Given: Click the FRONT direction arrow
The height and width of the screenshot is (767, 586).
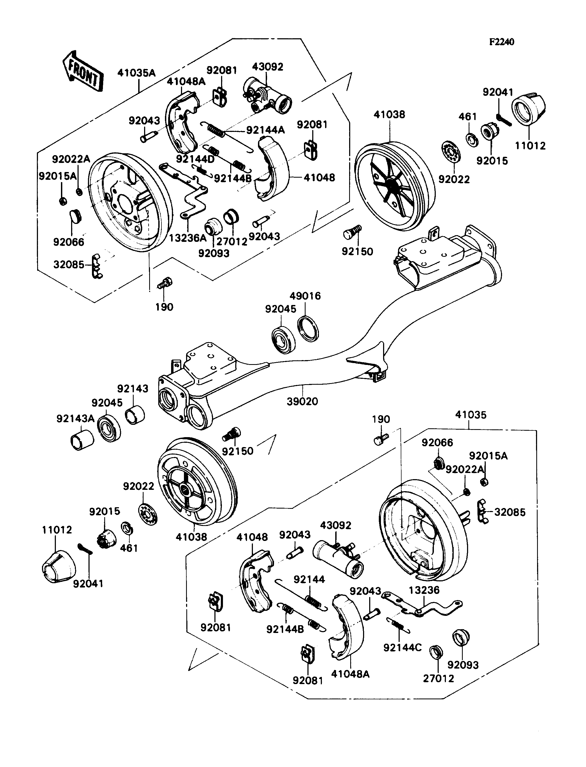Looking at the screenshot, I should tap(83, 71).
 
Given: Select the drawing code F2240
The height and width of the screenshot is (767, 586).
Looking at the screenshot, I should tap(502, 42).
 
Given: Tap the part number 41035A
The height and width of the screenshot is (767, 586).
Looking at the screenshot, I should tap(136, 73).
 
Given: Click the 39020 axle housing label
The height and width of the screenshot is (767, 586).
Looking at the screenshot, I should tap(302, 402).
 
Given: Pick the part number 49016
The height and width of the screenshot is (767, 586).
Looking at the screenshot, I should tap(305, 296).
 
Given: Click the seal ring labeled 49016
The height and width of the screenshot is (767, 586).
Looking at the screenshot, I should tap(308, 329).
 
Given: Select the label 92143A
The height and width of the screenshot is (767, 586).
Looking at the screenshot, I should tap(76, 419).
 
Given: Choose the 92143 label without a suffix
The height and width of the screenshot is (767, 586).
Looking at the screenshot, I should tap(133, 388).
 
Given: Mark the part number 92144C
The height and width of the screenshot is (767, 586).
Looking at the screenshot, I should tap(403, 648).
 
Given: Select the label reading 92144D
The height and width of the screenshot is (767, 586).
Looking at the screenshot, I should tap(195, 159).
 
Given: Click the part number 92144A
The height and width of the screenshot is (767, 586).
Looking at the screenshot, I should tap(265, 130).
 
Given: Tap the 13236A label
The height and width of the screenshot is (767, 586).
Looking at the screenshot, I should tap(188, 238).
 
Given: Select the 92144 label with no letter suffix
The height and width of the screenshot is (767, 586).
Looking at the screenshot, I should tap(309, 579).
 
